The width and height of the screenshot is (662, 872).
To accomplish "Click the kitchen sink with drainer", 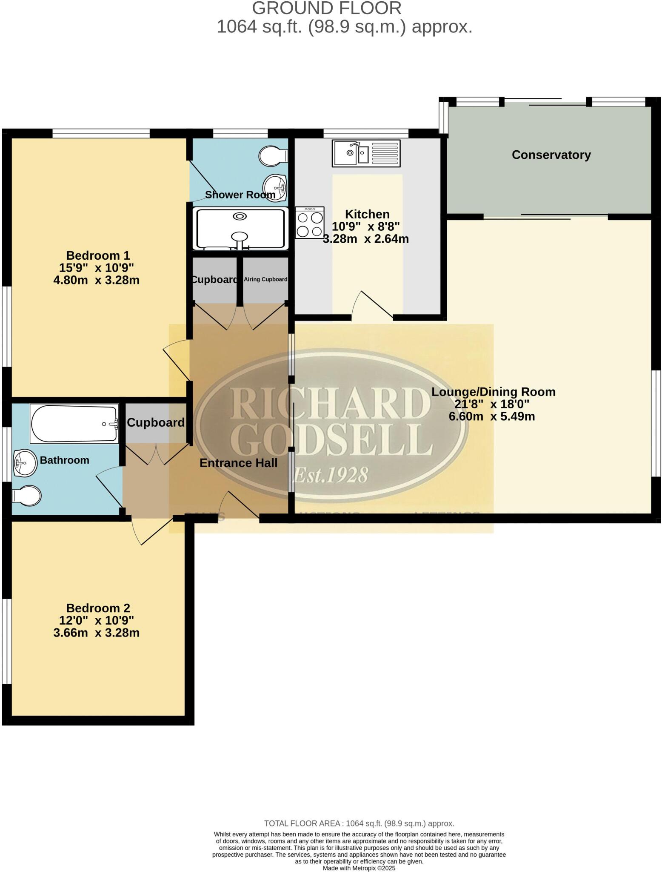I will click(x=366, y=153).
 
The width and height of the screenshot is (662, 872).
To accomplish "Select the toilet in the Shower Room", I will click(x=273, y=156).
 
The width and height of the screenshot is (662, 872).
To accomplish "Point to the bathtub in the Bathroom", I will click(x=74, y=424).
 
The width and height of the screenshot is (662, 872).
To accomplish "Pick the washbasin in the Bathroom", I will click(x=25, y=462).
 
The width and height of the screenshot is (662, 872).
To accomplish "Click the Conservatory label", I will click(x=551, y=155).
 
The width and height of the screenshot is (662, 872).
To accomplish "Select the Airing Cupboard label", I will click(x=265, y=279).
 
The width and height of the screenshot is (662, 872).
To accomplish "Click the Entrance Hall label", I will click(x=238, y=463).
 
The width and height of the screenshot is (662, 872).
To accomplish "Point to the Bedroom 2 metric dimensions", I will click(x=97, y=633).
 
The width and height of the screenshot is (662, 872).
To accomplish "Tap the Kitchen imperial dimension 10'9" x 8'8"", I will click(x=366, y=226).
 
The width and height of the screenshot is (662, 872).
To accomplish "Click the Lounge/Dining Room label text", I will click(x=494, y=392).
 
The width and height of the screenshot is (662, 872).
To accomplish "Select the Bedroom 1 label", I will click(x=98, y=255).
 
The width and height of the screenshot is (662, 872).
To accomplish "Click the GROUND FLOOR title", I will click(x=327, y=8).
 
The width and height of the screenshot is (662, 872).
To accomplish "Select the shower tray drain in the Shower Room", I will click(x=240, y=216).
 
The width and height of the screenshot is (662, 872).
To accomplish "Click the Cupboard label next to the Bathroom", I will click(x=156, y=422).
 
